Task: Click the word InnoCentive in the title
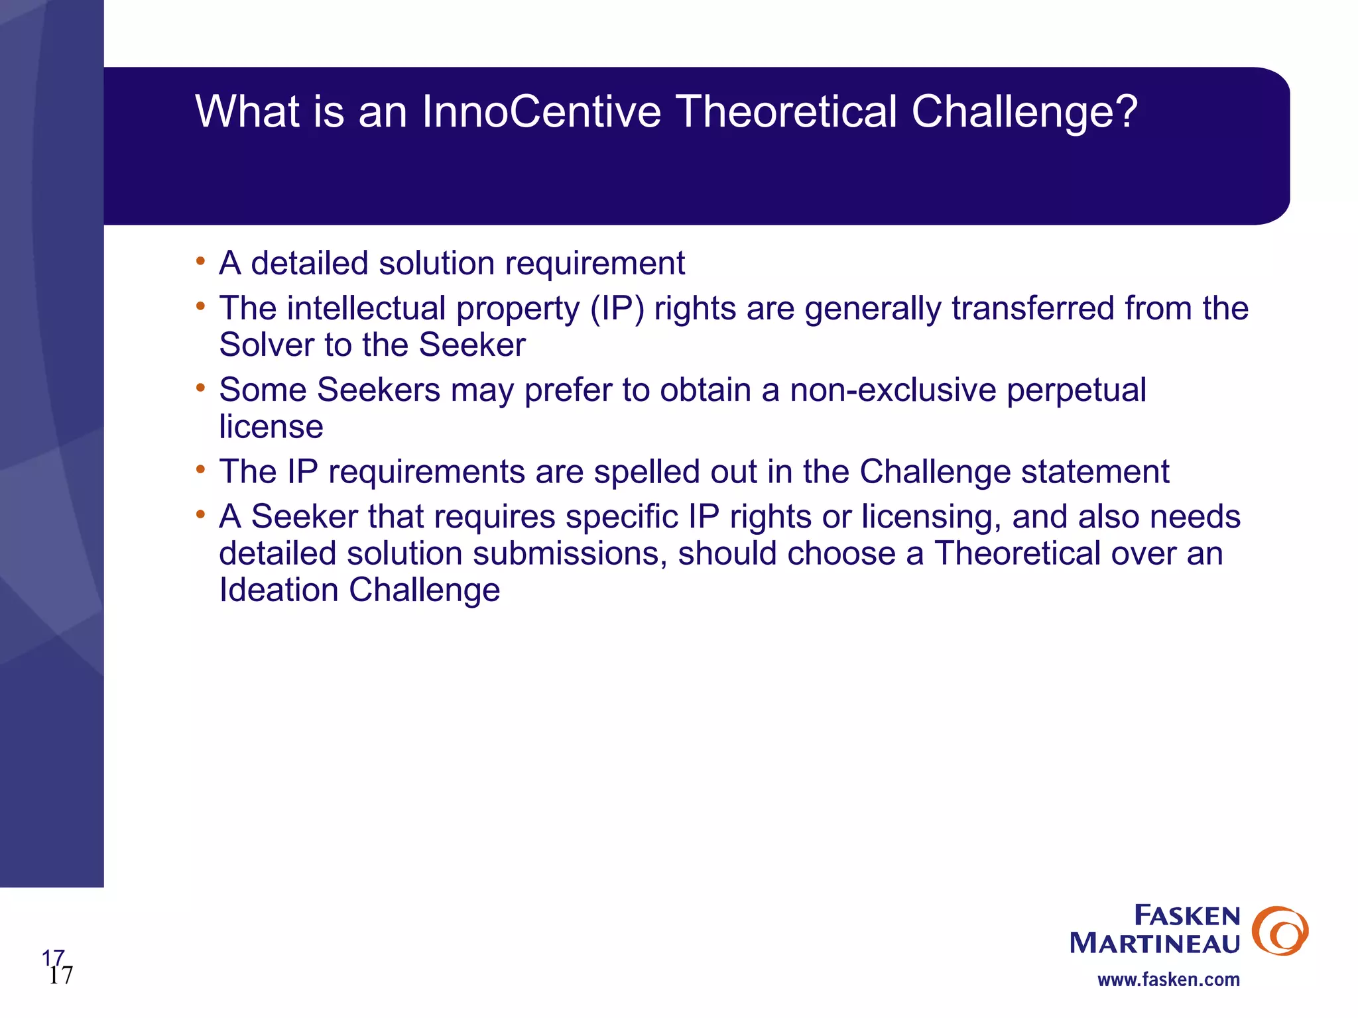541,111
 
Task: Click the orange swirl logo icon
1280,931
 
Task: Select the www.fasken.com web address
1168,980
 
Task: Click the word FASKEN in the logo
1187,916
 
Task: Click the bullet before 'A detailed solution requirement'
200,261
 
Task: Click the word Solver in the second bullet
266,345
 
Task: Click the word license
271,427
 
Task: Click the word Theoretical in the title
786,111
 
